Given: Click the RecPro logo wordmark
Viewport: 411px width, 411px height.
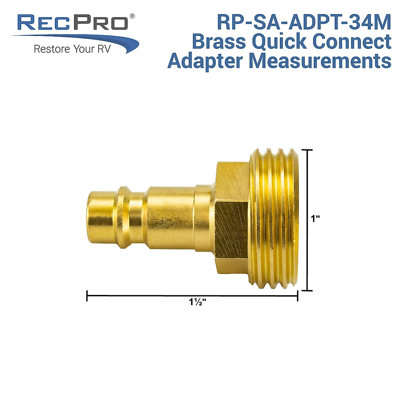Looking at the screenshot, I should (x=73, y=23).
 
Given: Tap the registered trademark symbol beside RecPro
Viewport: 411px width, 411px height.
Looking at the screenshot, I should (x=132, y=16).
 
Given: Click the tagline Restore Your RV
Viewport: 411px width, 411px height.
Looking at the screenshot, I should (x=72, y=49).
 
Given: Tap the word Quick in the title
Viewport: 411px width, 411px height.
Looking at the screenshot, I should (x=278, y=41).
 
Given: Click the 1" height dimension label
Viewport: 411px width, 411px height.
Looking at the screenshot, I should (x=315, y=219).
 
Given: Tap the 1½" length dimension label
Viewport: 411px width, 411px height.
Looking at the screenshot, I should (x=197, y=302).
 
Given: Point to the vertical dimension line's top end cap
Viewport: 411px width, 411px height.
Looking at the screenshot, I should (x=307, y=150).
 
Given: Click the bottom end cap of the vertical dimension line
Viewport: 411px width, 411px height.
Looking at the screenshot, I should (x=307, y=290).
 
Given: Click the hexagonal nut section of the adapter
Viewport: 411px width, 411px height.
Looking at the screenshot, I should (x=232, y=219).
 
